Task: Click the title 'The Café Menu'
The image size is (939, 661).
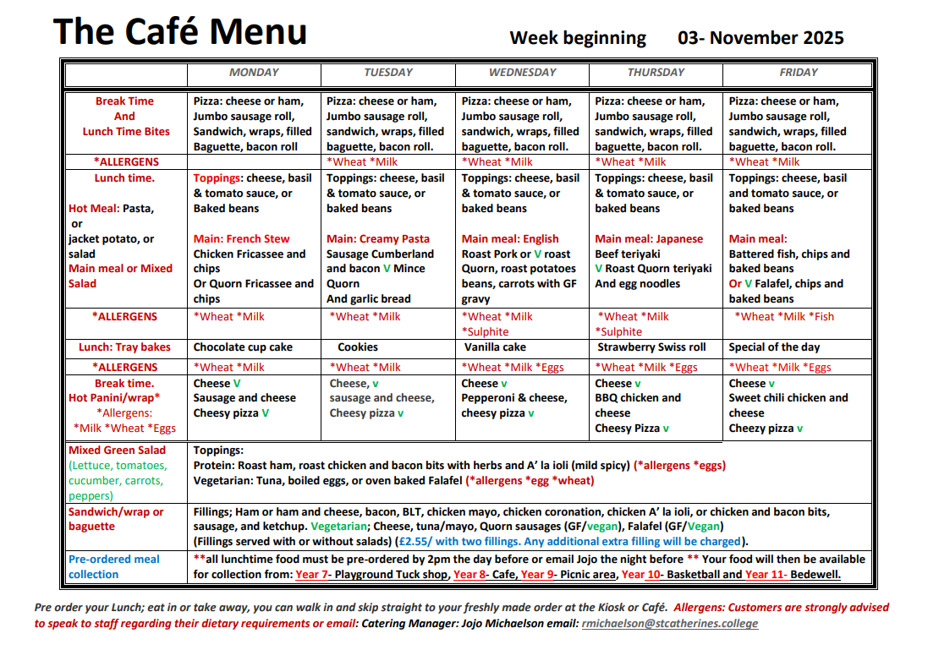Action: click(180, 32)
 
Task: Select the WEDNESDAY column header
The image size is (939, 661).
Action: click(522, 73)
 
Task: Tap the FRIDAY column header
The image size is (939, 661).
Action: click(798, 73)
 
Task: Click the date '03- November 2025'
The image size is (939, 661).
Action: click(761, 38)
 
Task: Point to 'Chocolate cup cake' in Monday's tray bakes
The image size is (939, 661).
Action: click(244, 347)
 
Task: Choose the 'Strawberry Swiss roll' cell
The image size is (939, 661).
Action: click(651, 347)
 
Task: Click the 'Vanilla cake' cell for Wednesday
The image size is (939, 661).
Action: click(495, 347)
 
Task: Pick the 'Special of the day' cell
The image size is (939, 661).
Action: click(774, 347)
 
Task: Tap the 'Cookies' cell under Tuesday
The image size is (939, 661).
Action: click(358, 347)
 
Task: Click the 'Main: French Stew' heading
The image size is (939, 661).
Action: click(241, 239)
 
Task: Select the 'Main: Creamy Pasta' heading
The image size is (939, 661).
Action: click(378, 239)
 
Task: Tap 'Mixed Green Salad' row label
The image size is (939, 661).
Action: click(118, 451)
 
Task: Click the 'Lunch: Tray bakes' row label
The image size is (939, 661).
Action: click(124, 347)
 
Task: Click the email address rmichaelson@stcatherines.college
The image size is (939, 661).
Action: click(669, 624)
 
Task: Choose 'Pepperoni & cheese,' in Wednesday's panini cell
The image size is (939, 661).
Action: click(513, 398)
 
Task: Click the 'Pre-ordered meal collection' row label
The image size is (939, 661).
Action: click(113, 566)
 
